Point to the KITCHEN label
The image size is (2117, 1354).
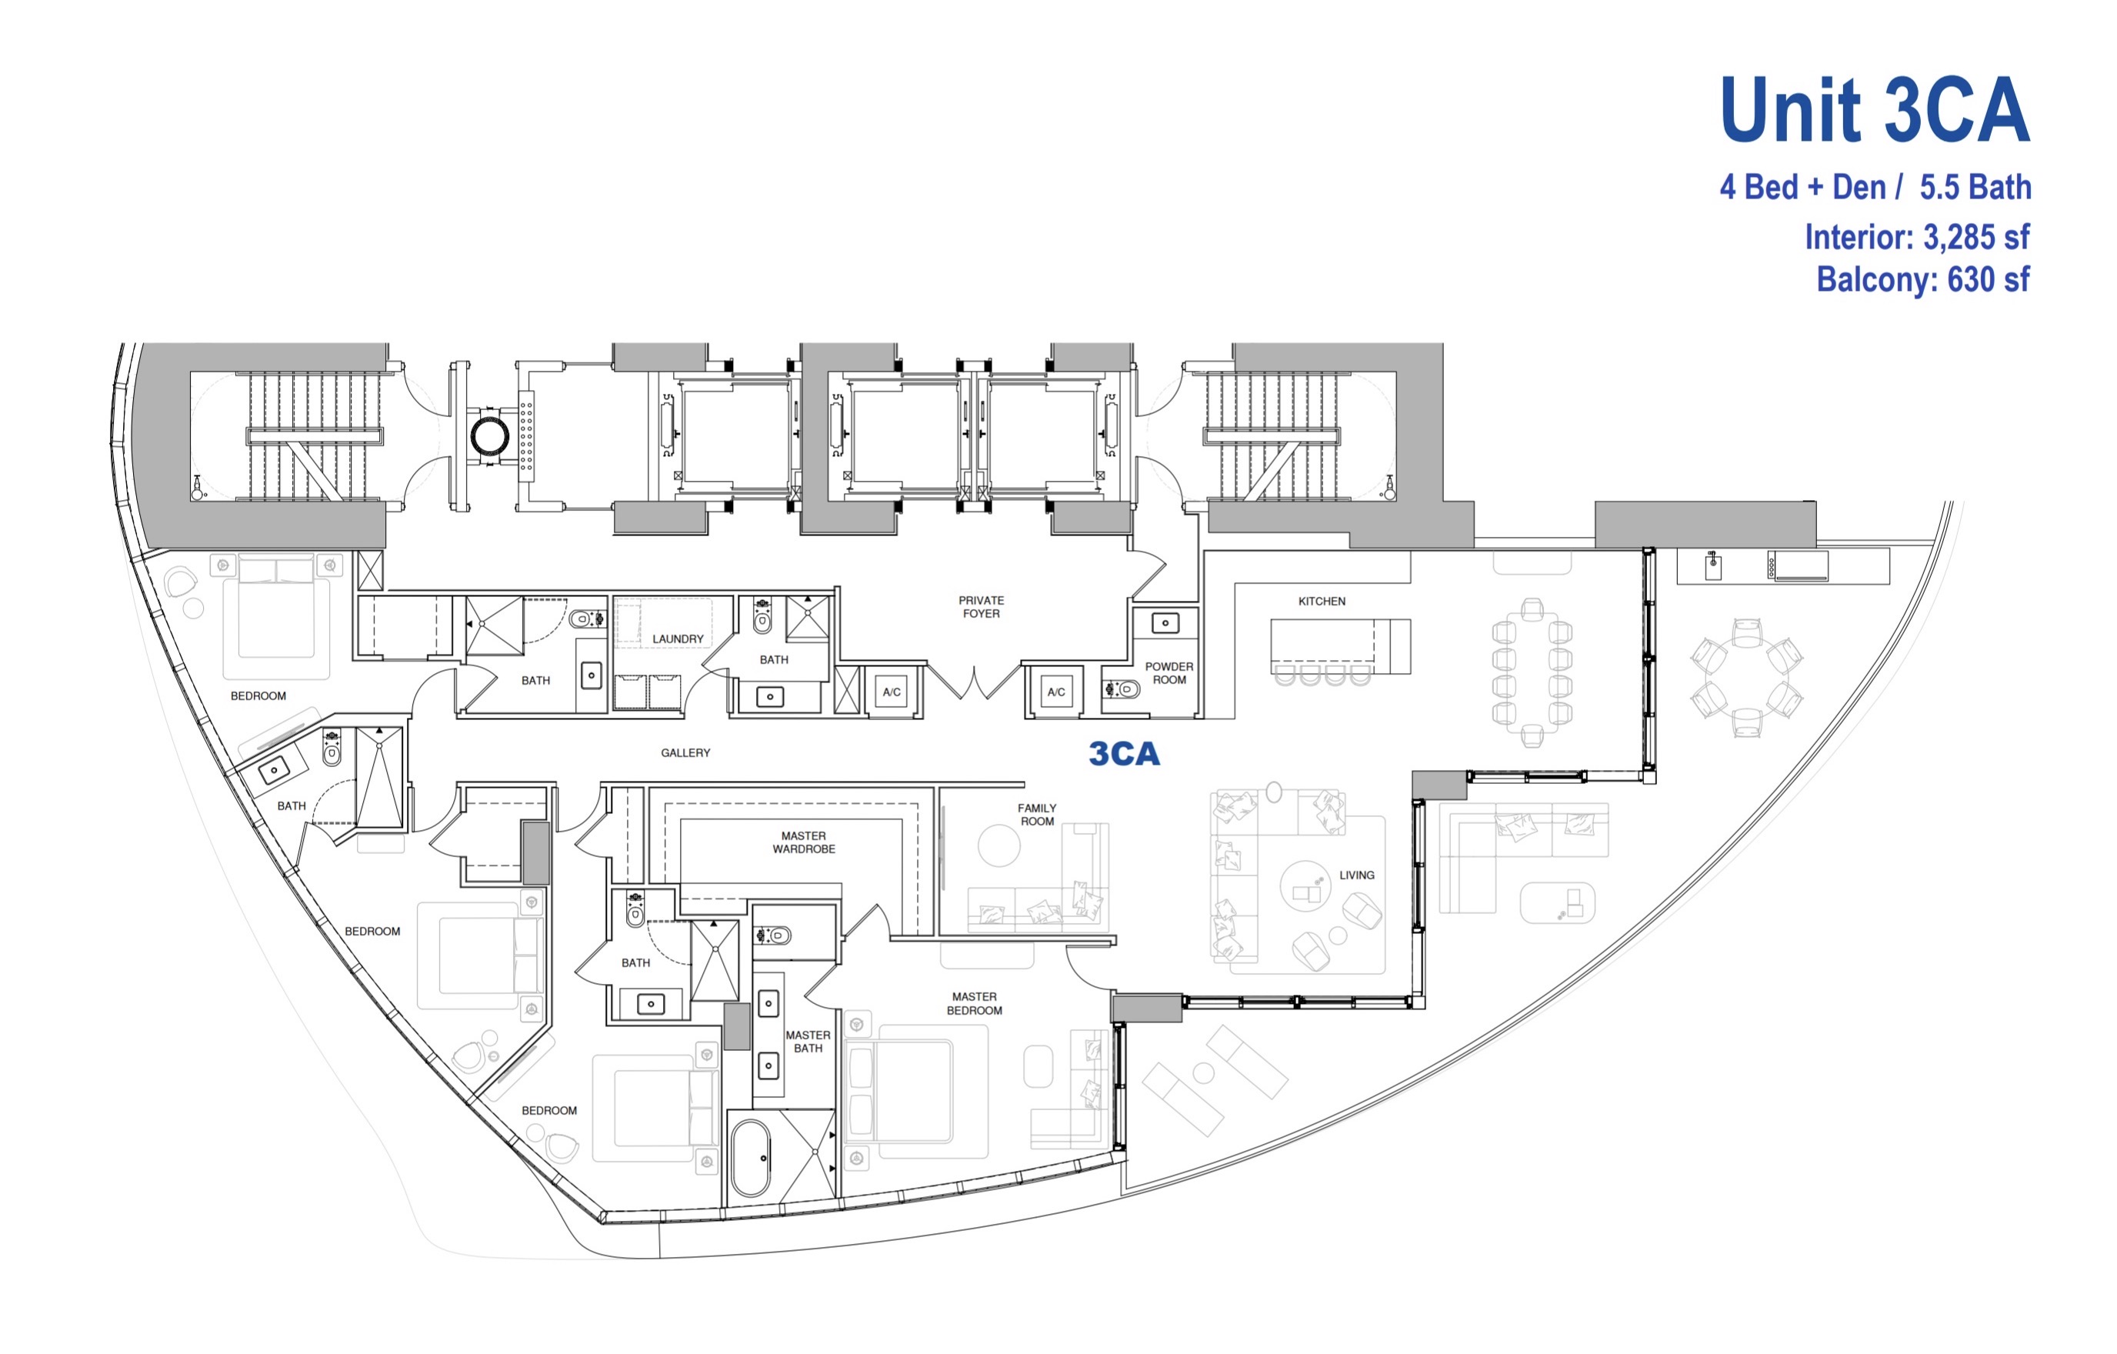tap(1322, 602)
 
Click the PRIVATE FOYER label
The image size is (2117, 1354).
tap(981, 607)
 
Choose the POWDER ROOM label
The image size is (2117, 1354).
tap(1169, 672)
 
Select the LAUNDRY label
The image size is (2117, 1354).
tap(678, 639)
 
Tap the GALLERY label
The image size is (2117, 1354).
tap(685, 752)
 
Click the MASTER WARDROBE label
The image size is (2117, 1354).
tap(804, 842)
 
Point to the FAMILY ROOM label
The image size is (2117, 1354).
tap(1038, 814)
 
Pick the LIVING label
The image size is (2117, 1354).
tap(1356, 875)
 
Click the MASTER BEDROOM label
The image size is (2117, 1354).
tap(974, 1003)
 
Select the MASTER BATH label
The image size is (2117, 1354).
tap(808, 1041)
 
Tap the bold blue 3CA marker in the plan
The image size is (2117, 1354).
tap(1125, 753)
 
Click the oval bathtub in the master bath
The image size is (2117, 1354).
tap(751, 1157)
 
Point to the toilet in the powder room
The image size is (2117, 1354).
tap(1122, 689)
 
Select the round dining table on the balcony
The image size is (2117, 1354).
tap(1747, 678)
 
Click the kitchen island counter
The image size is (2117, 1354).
tap(1340, 646)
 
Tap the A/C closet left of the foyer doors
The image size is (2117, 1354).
tap(892, 692)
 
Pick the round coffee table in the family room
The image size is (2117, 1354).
tap(998, 845)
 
